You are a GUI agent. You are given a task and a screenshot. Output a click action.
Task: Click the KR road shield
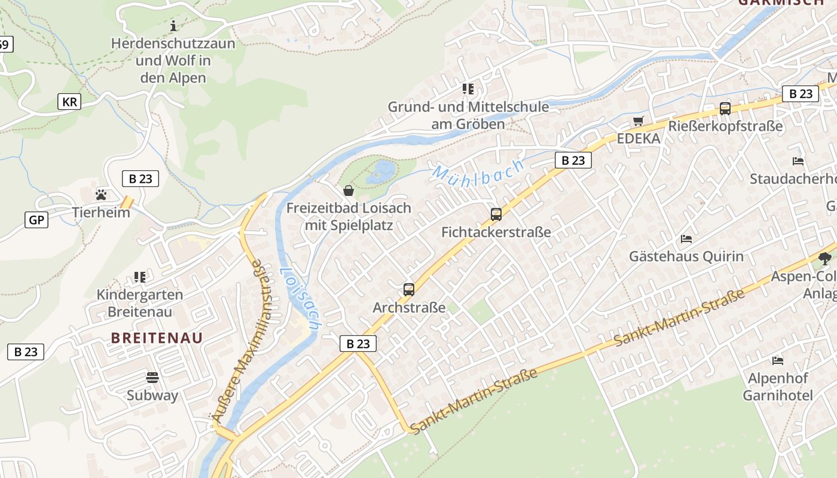[69, 102]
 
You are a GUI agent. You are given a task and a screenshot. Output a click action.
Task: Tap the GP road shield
[36, 220]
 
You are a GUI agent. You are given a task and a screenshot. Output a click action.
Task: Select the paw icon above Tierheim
[101, 194]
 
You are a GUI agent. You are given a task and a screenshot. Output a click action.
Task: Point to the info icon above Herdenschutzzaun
[173, 26]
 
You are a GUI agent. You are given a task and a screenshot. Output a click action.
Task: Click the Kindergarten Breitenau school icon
[140, 277]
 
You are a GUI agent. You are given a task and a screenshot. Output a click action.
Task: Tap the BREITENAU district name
[157, 338]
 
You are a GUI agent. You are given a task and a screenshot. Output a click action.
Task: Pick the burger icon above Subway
[152, 377]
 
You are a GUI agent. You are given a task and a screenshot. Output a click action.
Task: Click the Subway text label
[152, 395]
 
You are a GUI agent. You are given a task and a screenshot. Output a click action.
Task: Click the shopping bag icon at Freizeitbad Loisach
[349, 191]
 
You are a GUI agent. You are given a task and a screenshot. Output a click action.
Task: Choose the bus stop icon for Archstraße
[409, 290]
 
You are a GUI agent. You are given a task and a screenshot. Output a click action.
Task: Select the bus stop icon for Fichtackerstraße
[496, 215]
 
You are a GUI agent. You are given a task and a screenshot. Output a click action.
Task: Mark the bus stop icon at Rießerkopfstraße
[725, 109]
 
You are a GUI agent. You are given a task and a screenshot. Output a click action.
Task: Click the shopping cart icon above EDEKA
[639, 121]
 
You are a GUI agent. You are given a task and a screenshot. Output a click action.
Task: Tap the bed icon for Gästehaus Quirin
[686, 239]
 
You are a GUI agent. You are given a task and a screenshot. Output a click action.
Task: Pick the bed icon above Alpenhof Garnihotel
[778, 360]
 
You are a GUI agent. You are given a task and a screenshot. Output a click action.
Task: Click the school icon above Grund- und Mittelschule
[468, 89]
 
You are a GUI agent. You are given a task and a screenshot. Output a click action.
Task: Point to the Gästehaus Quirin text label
[686, 256]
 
